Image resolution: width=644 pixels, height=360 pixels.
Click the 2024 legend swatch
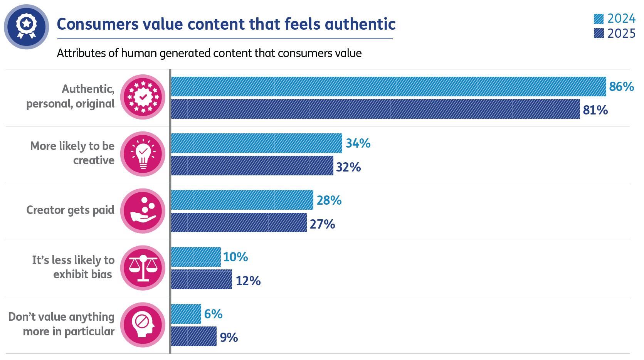pyautogui.click(x=599, y=19)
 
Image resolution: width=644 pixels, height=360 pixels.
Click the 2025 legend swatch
pyautogui.click(x=599, y=34)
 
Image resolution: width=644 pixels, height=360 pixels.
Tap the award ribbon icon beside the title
pyautogui.click(x=26, y=27)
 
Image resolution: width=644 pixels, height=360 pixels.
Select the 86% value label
pyautogui.click(x=621, y=86)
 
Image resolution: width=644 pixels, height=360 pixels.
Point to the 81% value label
pyautogui.click(x=595, y=110)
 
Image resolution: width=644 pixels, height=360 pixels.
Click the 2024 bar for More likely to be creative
pyautogui.click(x=256, y=143)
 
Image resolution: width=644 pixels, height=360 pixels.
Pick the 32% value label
pyautogui.click(x=348, y=167)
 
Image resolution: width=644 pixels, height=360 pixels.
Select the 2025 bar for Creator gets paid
pyautogui.click(x=239, y=222)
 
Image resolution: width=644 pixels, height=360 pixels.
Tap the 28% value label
pyautogui.click(x=329, y=200)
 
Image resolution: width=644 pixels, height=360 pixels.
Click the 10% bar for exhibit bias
pyautogui.click(x=196, y=257)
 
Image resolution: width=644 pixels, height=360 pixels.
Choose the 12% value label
pyautogui.click(x=248, y=281)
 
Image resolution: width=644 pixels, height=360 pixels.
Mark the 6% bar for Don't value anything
pyautogui.click(x=186, y=314)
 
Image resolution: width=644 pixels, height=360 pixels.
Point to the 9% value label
pyautogui.click(x=229, y=338)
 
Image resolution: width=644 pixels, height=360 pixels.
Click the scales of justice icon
pyautogui.click(x=143, y=268)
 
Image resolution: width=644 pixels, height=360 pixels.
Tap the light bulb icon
pyautogui.click(x=143, y=154)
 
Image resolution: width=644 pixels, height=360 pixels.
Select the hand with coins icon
pyautogui.click(x=143, y=211)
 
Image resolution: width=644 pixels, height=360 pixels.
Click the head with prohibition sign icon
pyautogui.click(x=143, y=325)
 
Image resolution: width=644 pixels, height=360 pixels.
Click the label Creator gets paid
pyautogui.click(x=70, y=210)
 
